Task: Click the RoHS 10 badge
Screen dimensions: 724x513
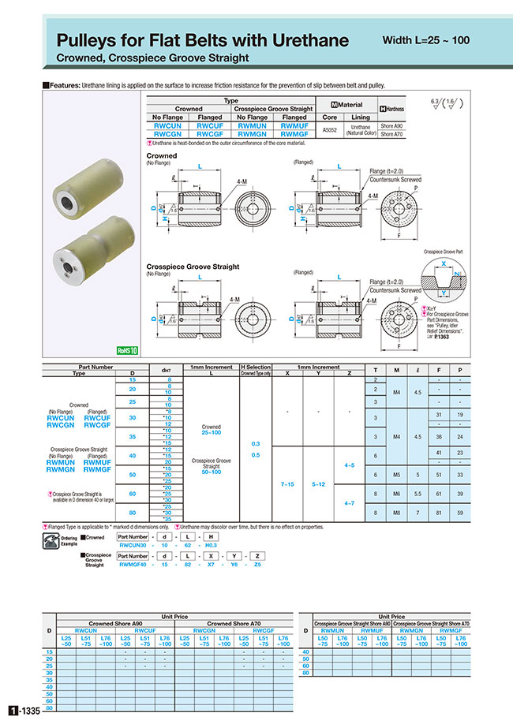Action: (x=127, y=349)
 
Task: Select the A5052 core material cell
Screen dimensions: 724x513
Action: (x=330, y=128)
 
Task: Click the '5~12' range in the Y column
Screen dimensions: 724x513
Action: (x=317, y=481)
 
